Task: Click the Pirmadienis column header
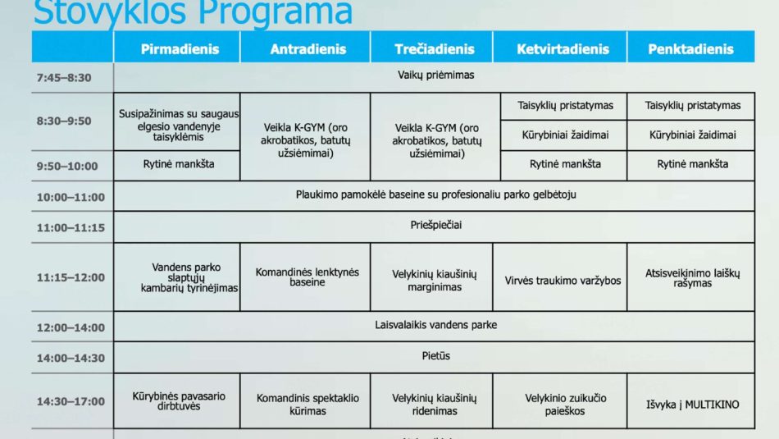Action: (180, 49)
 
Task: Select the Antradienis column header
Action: (307, 49)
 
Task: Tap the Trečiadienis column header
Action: (435, 49)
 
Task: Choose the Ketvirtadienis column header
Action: (563, 49)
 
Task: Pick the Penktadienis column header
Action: (690, 49)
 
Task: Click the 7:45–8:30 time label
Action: (64, 78)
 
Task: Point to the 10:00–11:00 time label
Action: (71, 197)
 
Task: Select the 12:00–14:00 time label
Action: (71, 327)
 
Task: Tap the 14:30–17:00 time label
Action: (71, 401)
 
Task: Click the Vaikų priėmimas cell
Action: (435, 75)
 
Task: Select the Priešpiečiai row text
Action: (435, 225)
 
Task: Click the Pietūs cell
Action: (435, 356)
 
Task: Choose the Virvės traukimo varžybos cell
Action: (563, 281)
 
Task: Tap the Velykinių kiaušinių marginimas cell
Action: (435, 281)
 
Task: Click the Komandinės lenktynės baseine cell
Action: (307, 277)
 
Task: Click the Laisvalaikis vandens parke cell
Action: (435, 325)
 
